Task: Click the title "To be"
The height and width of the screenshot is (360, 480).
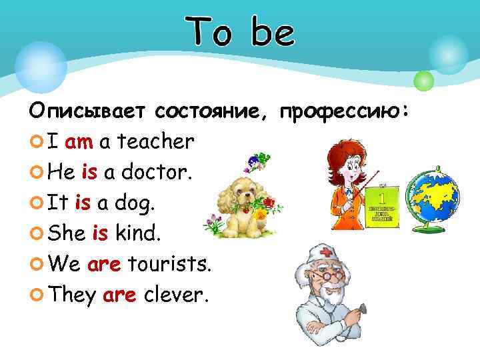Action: point(240,32)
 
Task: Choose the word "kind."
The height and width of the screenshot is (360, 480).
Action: point(141,234)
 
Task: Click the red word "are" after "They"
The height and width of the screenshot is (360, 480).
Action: point(120,295)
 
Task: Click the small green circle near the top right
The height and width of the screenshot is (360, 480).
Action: point(424,81)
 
